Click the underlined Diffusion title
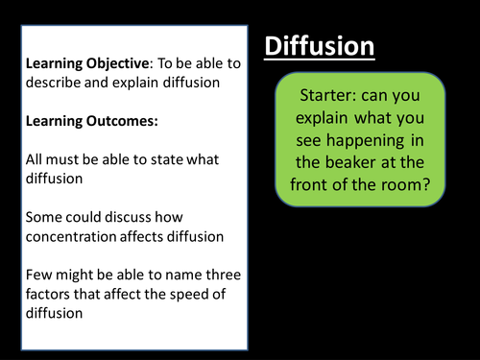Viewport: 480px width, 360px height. click(x=319, y=46)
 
